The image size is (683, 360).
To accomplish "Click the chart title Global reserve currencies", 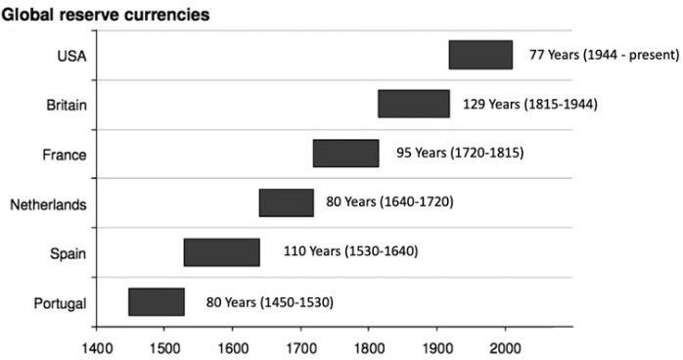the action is pos(106,15).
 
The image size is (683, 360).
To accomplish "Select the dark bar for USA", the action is pos(480,55).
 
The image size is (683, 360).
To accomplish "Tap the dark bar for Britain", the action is pos(414,104).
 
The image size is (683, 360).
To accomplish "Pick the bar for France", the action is pos(345,154).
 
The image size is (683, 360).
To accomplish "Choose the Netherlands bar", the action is pos(287,202).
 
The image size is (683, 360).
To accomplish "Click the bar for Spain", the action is pos(222,252).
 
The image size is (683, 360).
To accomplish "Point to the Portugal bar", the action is pos(157,301).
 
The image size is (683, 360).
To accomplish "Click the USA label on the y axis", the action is pos(71,56).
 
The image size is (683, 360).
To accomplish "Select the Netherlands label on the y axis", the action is pos(48,204).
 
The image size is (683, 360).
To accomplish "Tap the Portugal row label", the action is pos(60,303).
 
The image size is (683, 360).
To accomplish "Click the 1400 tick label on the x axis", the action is pos(97,348).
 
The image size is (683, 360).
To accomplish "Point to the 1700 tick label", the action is pos(300,348).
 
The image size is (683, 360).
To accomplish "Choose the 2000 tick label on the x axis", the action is pos(505,348).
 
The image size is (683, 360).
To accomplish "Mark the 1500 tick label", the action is pos(164,348).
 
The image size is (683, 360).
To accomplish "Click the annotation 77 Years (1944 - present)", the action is pos(604,55).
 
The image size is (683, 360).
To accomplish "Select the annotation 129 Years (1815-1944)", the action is pos(530,105).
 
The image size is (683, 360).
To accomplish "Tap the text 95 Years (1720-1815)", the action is pos(460,154).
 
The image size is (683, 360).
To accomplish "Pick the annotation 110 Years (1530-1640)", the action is pos(351,251).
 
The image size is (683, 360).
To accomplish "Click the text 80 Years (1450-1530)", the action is pos(270,302).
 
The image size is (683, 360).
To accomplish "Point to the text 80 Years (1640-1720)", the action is pos(389,202).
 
